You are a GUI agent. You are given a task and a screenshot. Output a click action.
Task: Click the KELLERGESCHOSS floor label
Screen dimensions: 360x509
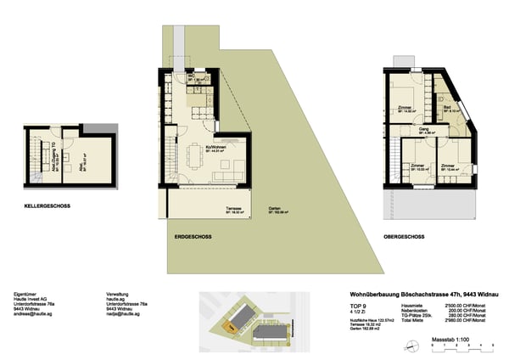(x=46, y=205)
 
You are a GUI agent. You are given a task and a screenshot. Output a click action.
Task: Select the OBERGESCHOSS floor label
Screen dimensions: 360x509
(x=404, y=235)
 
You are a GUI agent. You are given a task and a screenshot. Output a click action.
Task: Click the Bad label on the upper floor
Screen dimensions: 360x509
(x=445, y=108)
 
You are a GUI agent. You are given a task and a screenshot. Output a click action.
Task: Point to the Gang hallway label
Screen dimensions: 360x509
(x=423, y=130)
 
